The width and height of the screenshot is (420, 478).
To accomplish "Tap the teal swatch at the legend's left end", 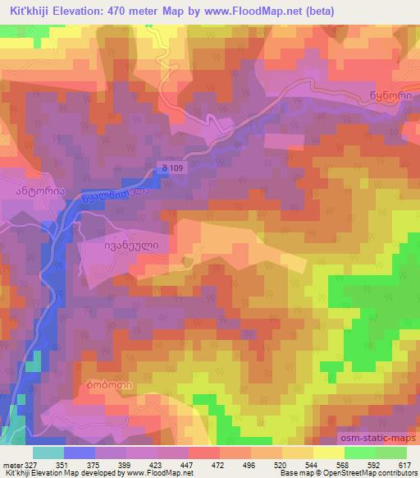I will click(48, 453).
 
